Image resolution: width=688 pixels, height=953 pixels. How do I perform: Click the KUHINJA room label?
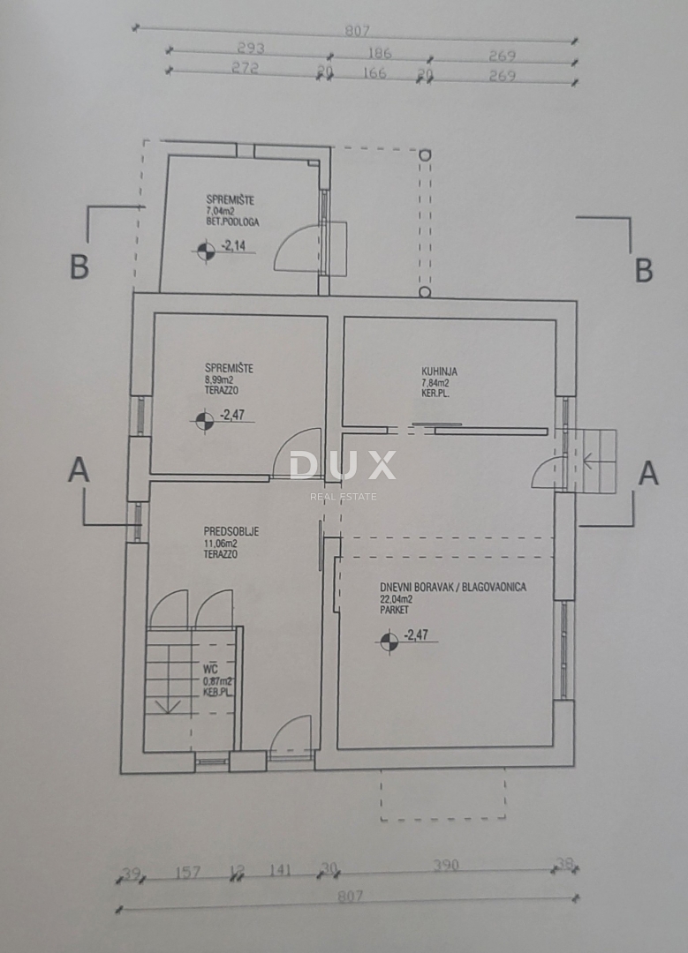click(440, 371)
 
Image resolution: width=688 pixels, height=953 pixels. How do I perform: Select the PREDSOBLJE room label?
click(231, 531)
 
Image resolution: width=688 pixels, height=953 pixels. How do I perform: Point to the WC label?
click(210, 670)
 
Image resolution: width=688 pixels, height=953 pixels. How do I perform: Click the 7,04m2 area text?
click(221, 212)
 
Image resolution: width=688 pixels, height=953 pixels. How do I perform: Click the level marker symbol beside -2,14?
click(204, 251)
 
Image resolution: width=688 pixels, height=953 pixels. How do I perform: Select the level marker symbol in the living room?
click(388, 642)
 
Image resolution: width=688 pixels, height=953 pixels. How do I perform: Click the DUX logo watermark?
click(343, 466)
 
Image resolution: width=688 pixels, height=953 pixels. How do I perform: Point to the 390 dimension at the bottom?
click(446, 866)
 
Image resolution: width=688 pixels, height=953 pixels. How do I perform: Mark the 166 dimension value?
click(374, 73)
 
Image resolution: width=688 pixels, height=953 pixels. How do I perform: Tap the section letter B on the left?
click(79, 267)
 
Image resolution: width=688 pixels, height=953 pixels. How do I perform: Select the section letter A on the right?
click(647, 474)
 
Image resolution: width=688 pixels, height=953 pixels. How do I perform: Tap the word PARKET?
click(395, 610)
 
